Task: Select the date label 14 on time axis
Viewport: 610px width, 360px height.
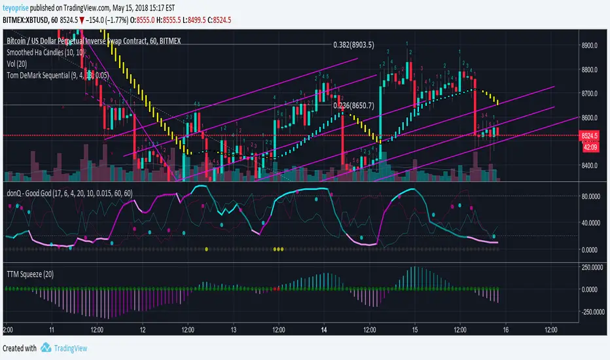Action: [323, 331]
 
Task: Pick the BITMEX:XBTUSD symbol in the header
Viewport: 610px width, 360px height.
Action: [26, 21]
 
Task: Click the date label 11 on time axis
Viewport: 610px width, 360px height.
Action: [52, 331]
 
